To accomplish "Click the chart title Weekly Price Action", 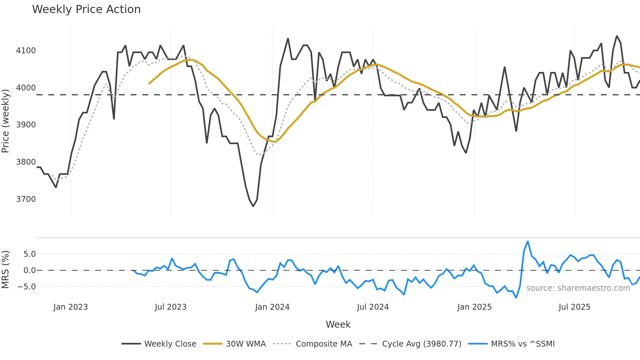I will [86, 9].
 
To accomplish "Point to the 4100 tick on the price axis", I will [26, 51].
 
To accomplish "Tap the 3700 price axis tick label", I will [26, 199].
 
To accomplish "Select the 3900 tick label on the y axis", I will [26, 125].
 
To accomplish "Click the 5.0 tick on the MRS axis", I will [29, 254].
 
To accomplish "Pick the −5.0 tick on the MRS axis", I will [27, 287].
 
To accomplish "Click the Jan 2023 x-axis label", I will [71, 307].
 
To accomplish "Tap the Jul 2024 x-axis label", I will [373, 307].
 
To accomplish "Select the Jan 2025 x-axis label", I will [474, 307].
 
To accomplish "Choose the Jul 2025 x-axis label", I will [574, 307].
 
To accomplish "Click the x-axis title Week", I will [338, 324].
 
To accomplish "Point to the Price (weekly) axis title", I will [6, 121].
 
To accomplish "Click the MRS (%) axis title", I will [6, 270].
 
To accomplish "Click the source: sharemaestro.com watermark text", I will [578, 288].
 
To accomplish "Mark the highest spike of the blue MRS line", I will [528, 242].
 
